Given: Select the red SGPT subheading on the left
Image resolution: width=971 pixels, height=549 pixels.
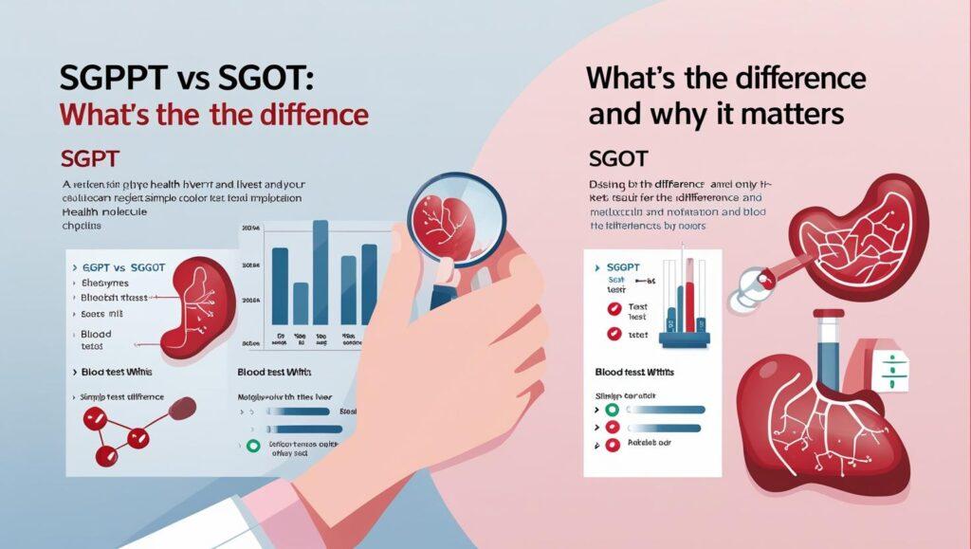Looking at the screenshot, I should [x=89, y=156].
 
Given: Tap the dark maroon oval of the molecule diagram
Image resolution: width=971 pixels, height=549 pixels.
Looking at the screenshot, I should [x=182, y=408].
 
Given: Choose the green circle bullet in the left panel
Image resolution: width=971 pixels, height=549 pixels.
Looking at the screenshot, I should [x=252, y=445].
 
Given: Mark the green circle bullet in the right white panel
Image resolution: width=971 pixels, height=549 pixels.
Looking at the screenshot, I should [x=612, y=410].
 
